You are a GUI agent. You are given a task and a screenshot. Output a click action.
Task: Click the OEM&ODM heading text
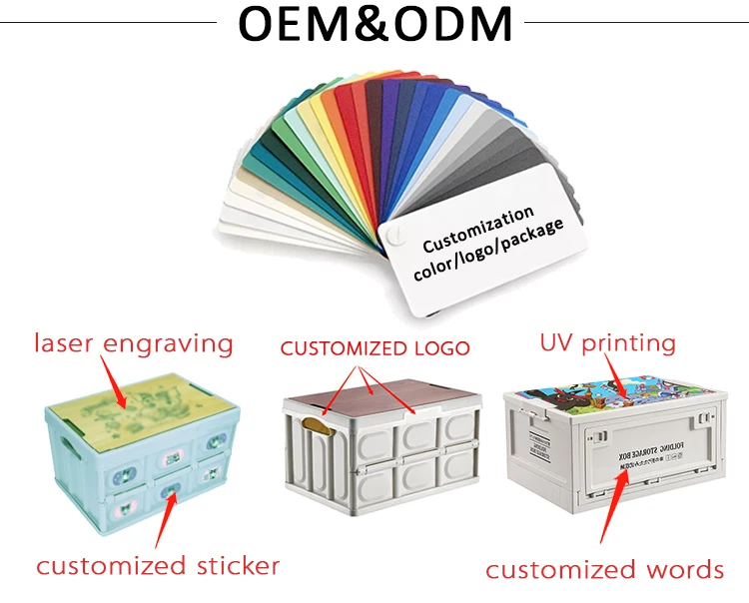374,24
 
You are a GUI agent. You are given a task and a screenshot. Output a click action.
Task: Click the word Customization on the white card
477,231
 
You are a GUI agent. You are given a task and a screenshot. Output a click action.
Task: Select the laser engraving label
133,344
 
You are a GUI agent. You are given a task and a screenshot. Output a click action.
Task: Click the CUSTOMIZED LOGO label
374,348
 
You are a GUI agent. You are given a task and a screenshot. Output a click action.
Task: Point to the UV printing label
607,343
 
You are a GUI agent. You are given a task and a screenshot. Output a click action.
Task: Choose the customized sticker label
158,566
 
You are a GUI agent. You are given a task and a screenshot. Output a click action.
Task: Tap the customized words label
604,570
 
